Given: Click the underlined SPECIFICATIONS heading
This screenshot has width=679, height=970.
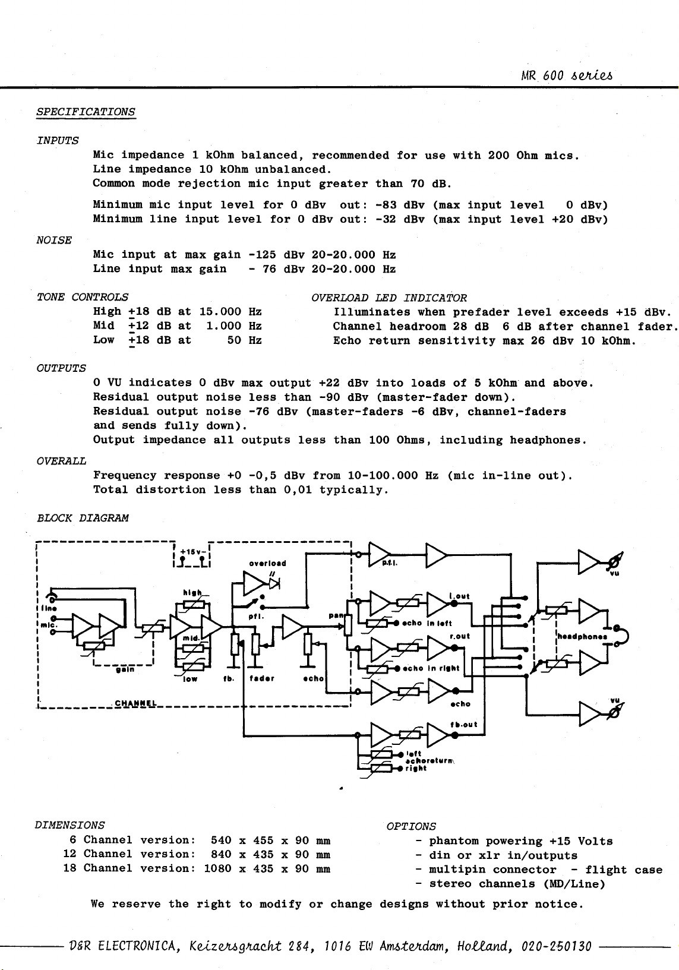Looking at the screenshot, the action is tap(86, 112).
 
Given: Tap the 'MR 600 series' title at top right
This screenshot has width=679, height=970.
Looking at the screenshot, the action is tap(567, 75).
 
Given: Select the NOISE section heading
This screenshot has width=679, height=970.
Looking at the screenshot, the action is tap(54, 240).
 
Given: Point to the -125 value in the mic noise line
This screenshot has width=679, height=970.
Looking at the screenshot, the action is tap(261, 255).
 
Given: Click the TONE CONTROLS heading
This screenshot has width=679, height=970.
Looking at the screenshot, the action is tap(83, 297).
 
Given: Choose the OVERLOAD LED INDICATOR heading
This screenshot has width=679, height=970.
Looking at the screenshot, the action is tap(389, 298).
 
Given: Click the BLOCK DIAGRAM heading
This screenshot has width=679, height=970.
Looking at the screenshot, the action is tap(83, 518).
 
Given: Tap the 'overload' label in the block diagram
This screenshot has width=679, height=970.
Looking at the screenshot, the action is tap(267, 563).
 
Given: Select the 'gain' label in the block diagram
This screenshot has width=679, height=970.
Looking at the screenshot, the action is tap(125, 670).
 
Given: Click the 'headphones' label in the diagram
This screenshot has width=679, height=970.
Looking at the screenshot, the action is tap(582, 637).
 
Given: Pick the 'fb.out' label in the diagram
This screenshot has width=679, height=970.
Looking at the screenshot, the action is tap(464, 725).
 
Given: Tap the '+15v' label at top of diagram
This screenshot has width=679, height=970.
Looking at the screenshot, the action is tap(191, 552).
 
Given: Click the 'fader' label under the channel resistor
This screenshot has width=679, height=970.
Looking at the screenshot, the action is tap(262, 678).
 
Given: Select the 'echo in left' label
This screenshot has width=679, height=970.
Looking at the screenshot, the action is tap(427, 623).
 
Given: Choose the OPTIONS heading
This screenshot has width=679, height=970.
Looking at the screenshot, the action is tap(412, 826).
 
